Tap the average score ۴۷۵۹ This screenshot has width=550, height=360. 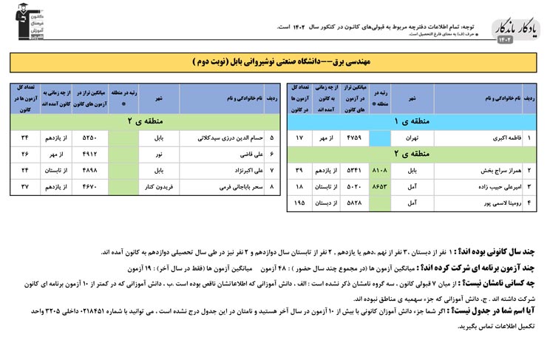coord(353,138)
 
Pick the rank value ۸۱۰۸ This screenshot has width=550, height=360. coord(378,170)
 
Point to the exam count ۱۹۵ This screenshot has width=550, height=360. coord(299,202)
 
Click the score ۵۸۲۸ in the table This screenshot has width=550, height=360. coord(353,202)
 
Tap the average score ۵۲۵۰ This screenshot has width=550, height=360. coord(89,138)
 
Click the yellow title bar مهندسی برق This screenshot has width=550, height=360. coord(275,61)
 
